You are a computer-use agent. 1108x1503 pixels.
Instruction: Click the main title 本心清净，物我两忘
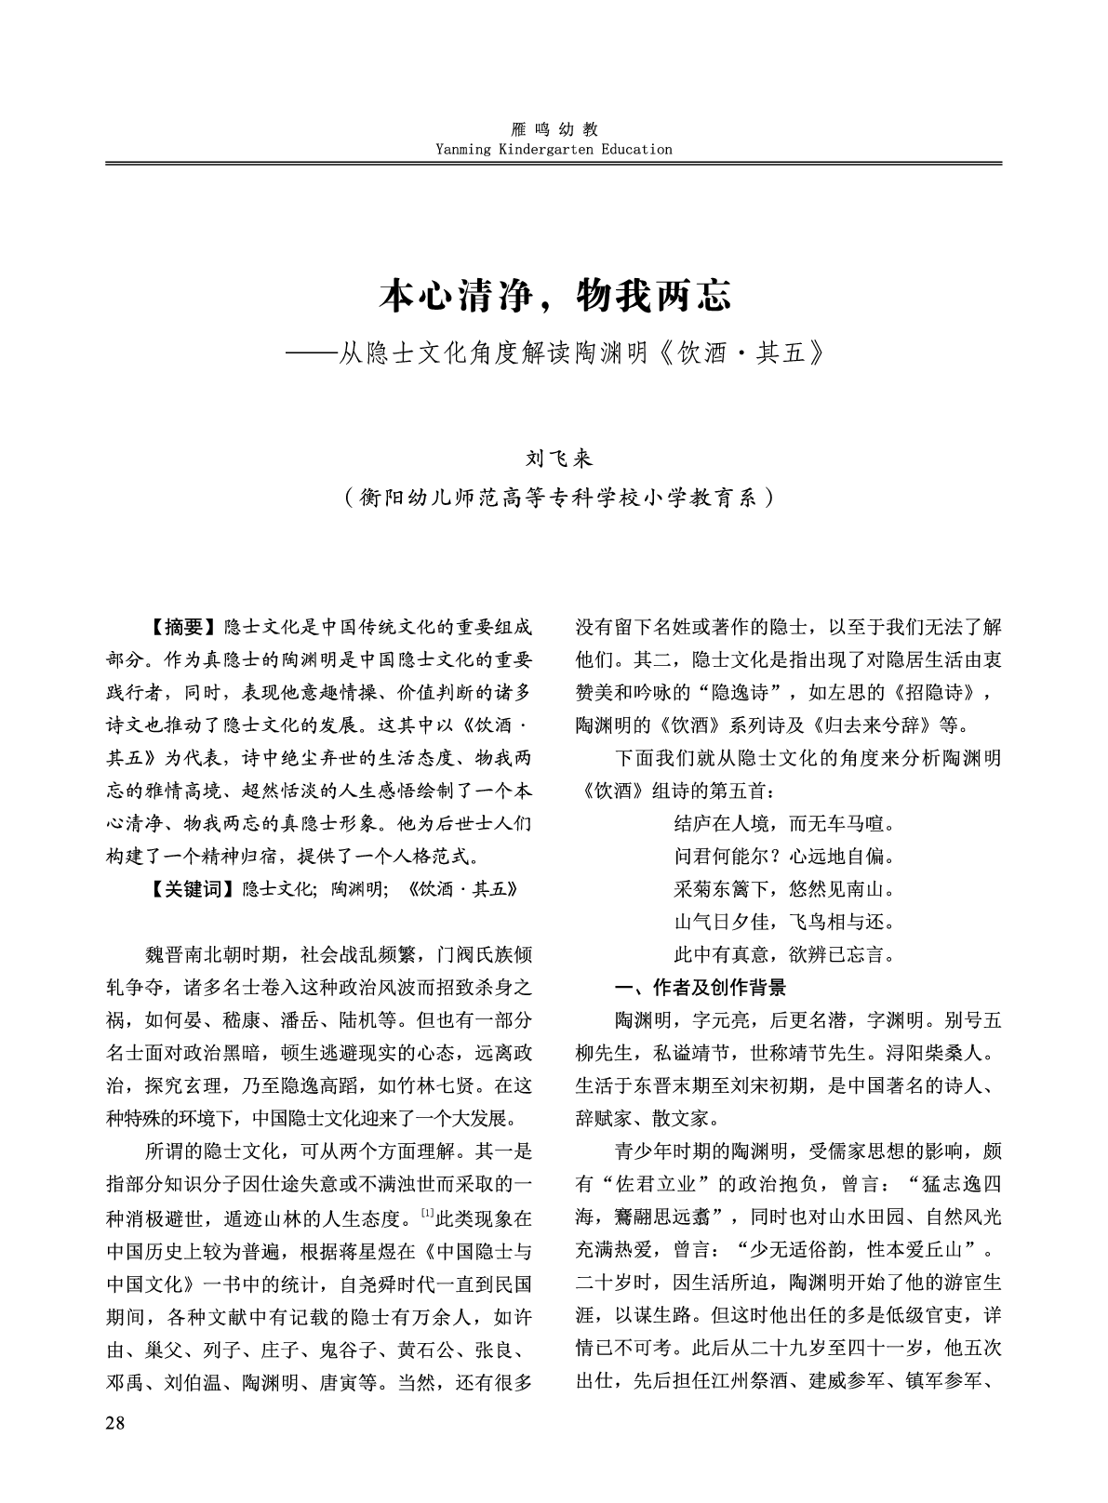pos(555,296)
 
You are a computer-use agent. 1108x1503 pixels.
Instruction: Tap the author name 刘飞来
pos(555,459)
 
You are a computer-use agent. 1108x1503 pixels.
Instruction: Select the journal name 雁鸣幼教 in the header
pos(555,130)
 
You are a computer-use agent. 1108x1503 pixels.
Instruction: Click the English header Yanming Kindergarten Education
pos(554,149)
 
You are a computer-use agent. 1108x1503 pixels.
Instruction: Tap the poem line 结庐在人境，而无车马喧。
pos(784,824)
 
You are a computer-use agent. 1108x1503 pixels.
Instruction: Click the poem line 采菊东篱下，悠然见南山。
pos(784,889)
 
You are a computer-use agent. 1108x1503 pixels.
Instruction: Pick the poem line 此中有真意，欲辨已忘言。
pos(784,954)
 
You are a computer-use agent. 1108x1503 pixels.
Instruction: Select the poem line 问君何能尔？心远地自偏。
pos(784,857)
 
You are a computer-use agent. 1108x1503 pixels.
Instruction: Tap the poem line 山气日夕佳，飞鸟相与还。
pos(784,922)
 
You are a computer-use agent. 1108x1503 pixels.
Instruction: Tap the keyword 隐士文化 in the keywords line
pos(277,888)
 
